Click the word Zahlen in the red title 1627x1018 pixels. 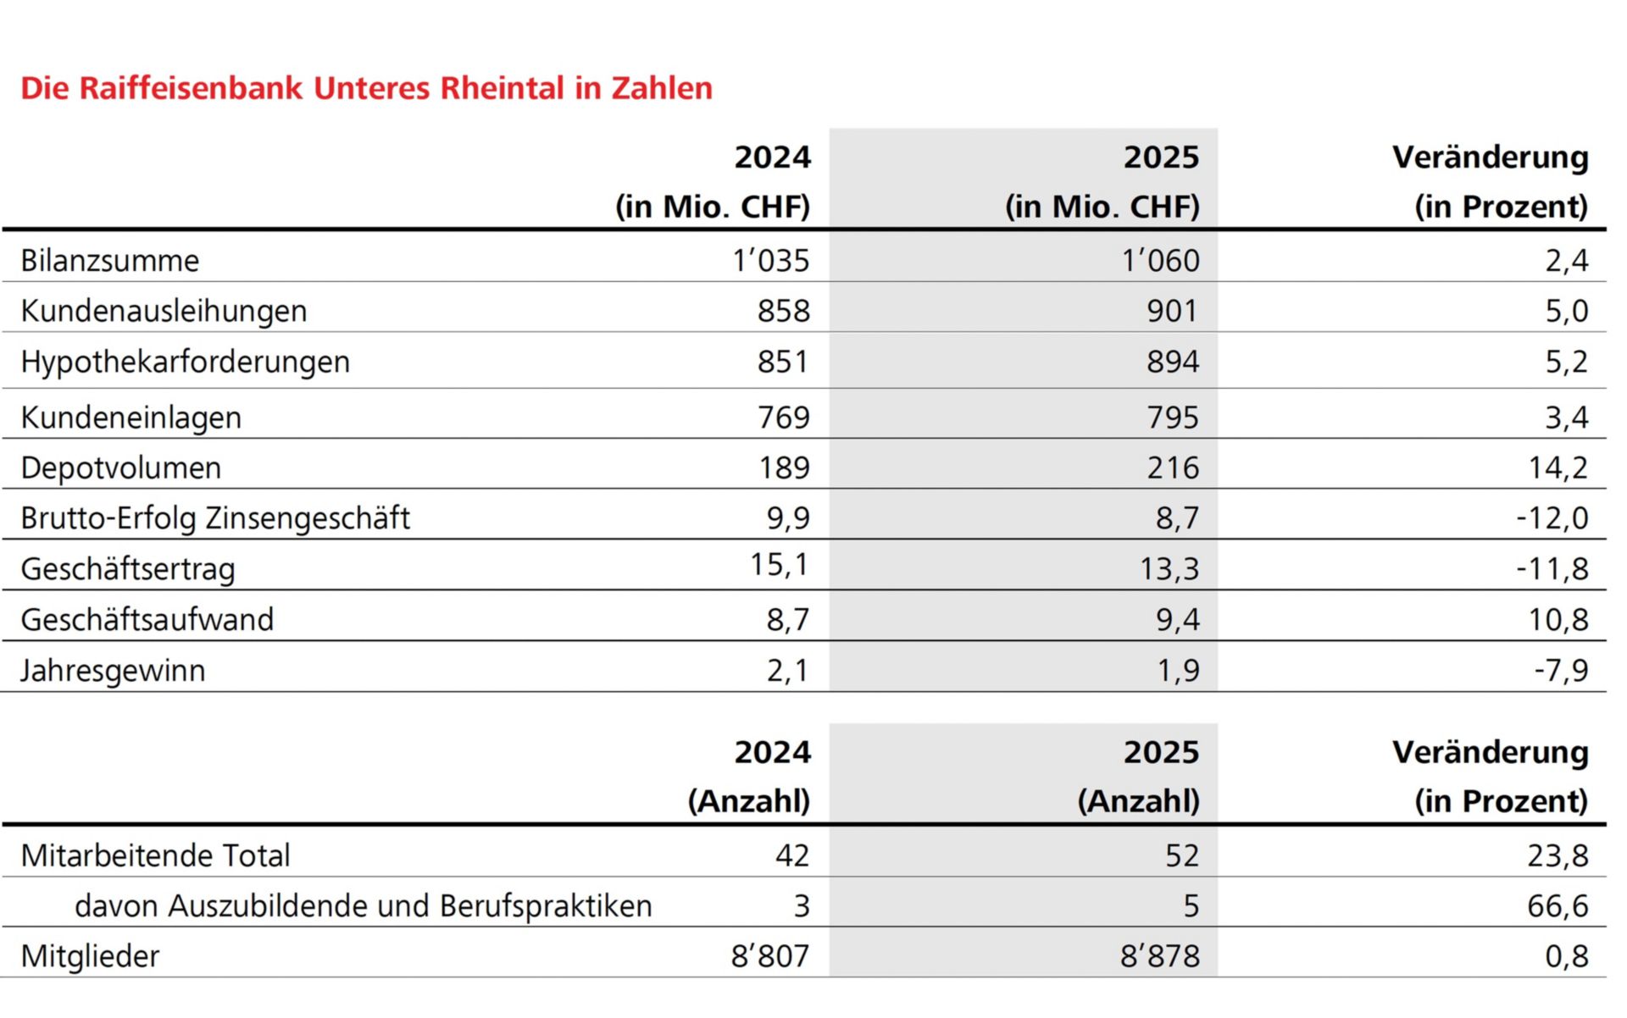662,88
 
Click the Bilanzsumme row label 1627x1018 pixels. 110,261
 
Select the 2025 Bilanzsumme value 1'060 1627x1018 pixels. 1160,261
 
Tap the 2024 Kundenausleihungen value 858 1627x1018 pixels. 783,311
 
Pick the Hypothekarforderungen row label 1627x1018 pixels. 185,362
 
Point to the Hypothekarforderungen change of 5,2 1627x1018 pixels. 1566,362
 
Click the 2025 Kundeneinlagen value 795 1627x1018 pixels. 1173,417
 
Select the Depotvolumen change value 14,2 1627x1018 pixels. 1558,468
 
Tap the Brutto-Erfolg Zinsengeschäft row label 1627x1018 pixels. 215,517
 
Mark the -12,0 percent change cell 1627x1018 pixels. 1552,517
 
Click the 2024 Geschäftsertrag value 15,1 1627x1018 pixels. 779,564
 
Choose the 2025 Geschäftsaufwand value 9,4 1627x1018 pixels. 1177,619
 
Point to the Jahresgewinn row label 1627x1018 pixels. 113,670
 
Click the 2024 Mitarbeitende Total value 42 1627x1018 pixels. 791,855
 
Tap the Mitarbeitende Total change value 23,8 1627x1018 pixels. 1558,855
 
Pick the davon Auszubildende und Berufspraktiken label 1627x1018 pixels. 363,905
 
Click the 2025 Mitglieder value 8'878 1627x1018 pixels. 1159,956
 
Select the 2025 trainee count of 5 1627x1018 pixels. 1191,905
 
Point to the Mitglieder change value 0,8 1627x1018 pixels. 1566,956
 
